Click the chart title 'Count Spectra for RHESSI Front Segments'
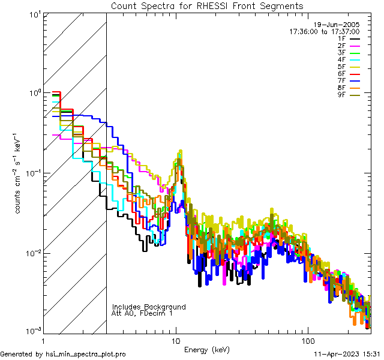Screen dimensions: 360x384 207,5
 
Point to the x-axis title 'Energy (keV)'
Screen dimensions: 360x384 206,349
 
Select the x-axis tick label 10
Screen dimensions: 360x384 176,340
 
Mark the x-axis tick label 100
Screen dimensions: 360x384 307,340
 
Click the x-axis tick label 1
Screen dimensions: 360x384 44,340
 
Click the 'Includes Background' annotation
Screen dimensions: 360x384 149,307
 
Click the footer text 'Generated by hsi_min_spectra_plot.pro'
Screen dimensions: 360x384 63,355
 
